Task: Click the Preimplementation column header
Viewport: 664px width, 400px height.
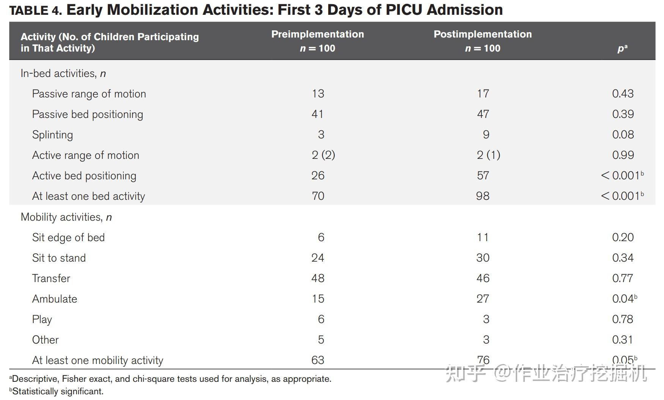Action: pyautogui.click(x=318, y=41)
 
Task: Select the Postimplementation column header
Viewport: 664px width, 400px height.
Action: pyautogui.click(x=483, y=41)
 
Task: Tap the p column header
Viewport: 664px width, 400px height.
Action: pyautogui.click(x=622, y=49)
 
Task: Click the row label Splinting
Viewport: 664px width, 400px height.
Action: pyautogui.click(x=52, y=135)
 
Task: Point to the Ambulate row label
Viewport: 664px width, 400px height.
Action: pyautogui.click(x=55, y=299)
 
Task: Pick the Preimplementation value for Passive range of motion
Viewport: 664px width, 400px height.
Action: pyautogui.click(x=318, y=94)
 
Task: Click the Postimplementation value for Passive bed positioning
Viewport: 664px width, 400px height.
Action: pyautogui.click(x=483, y=114)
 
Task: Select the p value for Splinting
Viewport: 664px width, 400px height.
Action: pyautogui.click(x=623, y=135)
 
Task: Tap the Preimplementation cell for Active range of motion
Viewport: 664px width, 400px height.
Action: pyautogui.click(x=323, y=155)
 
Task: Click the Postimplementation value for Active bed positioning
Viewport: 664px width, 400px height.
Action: pyautogui.click(x=483, y=176)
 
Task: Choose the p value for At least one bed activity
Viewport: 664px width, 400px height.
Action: pyautogui.click(x=622, y=196)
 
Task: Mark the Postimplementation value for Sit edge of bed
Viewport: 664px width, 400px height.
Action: pyautogui.click(x=483, y=237)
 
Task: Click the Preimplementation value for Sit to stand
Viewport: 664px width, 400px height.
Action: pyautogui.click(x=318, y=258)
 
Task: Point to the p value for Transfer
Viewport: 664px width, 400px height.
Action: pyautogui.click(x=622, y=278)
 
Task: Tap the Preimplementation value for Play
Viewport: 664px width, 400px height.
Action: pyautogui.click(x=321, y=319)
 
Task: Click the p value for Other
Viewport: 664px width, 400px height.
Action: pyautogui.click(x=622, y=340)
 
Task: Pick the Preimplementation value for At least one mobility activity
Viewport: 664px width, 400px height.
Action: pyautogui.click(x=318, y=360)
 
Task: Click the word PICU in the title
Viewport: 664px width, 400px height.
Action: pyautogui.click(x=403, y=10)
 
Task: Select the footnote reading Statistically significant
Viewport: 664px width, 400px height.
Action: pyautogui.click(x=58, y=391)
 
